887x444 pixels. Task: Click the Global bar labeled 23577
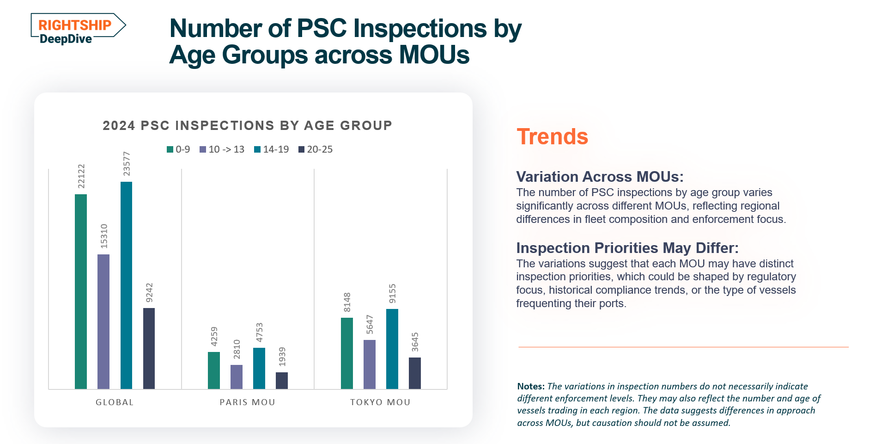(x=126, y=285)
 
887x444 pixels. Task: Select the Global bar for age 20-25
(x=149, y=348)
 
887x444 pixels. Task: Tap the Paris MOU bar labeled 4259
(x=214, y=370)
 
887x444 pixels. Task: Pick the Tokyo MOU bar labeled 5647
(x=370, y=364)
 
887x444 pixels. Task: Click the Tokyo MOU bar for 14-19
(x=392, y=349)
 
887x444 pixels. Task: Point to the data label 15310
(x=104, y=236)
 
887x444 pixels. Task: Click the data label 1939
(x=282, y=356)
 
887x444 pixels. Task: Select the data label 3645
(x=415, y=342)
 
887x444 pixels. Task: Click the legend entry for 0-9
(x=178, y=149)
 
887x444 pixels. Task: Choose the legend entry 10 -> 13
(x=222, y=149)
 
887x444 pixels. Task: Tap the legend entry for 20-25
(x=316, y=149)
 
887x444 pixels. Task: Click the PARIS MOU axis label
(x=247, y=402)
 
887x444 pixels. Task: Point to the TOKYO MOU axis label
(x=380, y=402)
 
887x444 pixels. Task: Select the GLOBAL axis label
(x=115, y=402)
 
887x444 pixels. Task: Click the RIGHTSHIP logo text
(x=75, y=25)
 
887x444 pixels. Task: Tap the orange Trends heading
(x=552, y=137)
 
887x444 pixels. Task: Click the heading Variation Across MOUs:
(x=600, y=177)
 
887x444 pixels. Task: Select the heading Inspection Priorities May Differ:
(x=627, y=248)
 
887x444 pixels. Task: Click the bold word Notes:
(x=530, y=387)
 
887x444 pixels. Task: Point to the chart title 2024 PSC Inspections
(x=247, y=125)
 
